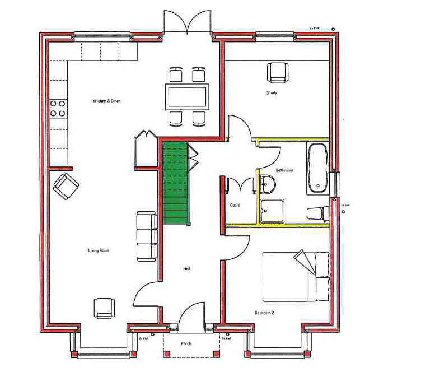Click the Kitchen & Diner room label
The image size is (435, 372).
pyautogui.click(x=106, y=101)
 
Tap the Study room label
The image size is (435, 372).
pyautogui.click(x=272, y=93)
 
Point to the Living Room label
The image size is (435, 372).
pyautogui.click(x=98, y=250)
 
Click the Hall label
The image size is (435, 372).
pyautogui.click(x=186, y=269)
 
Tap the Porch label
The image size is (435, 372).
pyautogui.click(x=186, y=343)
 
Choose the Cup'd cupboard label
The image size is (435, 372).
pyautogui.click(x=236, y=205)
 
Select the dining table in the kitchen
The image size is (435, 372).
pyautogui.click(x=187, y=96)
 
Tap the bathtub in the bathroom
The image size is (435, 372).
pyautogui.click(x=319, y=169)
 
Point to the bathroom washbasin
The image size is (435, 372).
pyautogui.click(x=267, y=183)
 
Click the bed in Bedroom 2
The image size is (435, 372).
pyautogui.click(x=296, y=277)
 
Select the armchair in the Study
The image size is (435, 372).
pyautogui.click(x=278, y=72)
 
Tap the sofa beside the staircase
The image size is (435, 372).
pyautogui.click(x=147, y=236)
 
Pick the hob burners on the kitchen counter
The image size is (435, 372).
pyautogui.click(x=58, y=108)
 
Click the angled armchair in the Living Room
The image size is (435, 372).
pyautogui.click(x=66, y=185)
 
